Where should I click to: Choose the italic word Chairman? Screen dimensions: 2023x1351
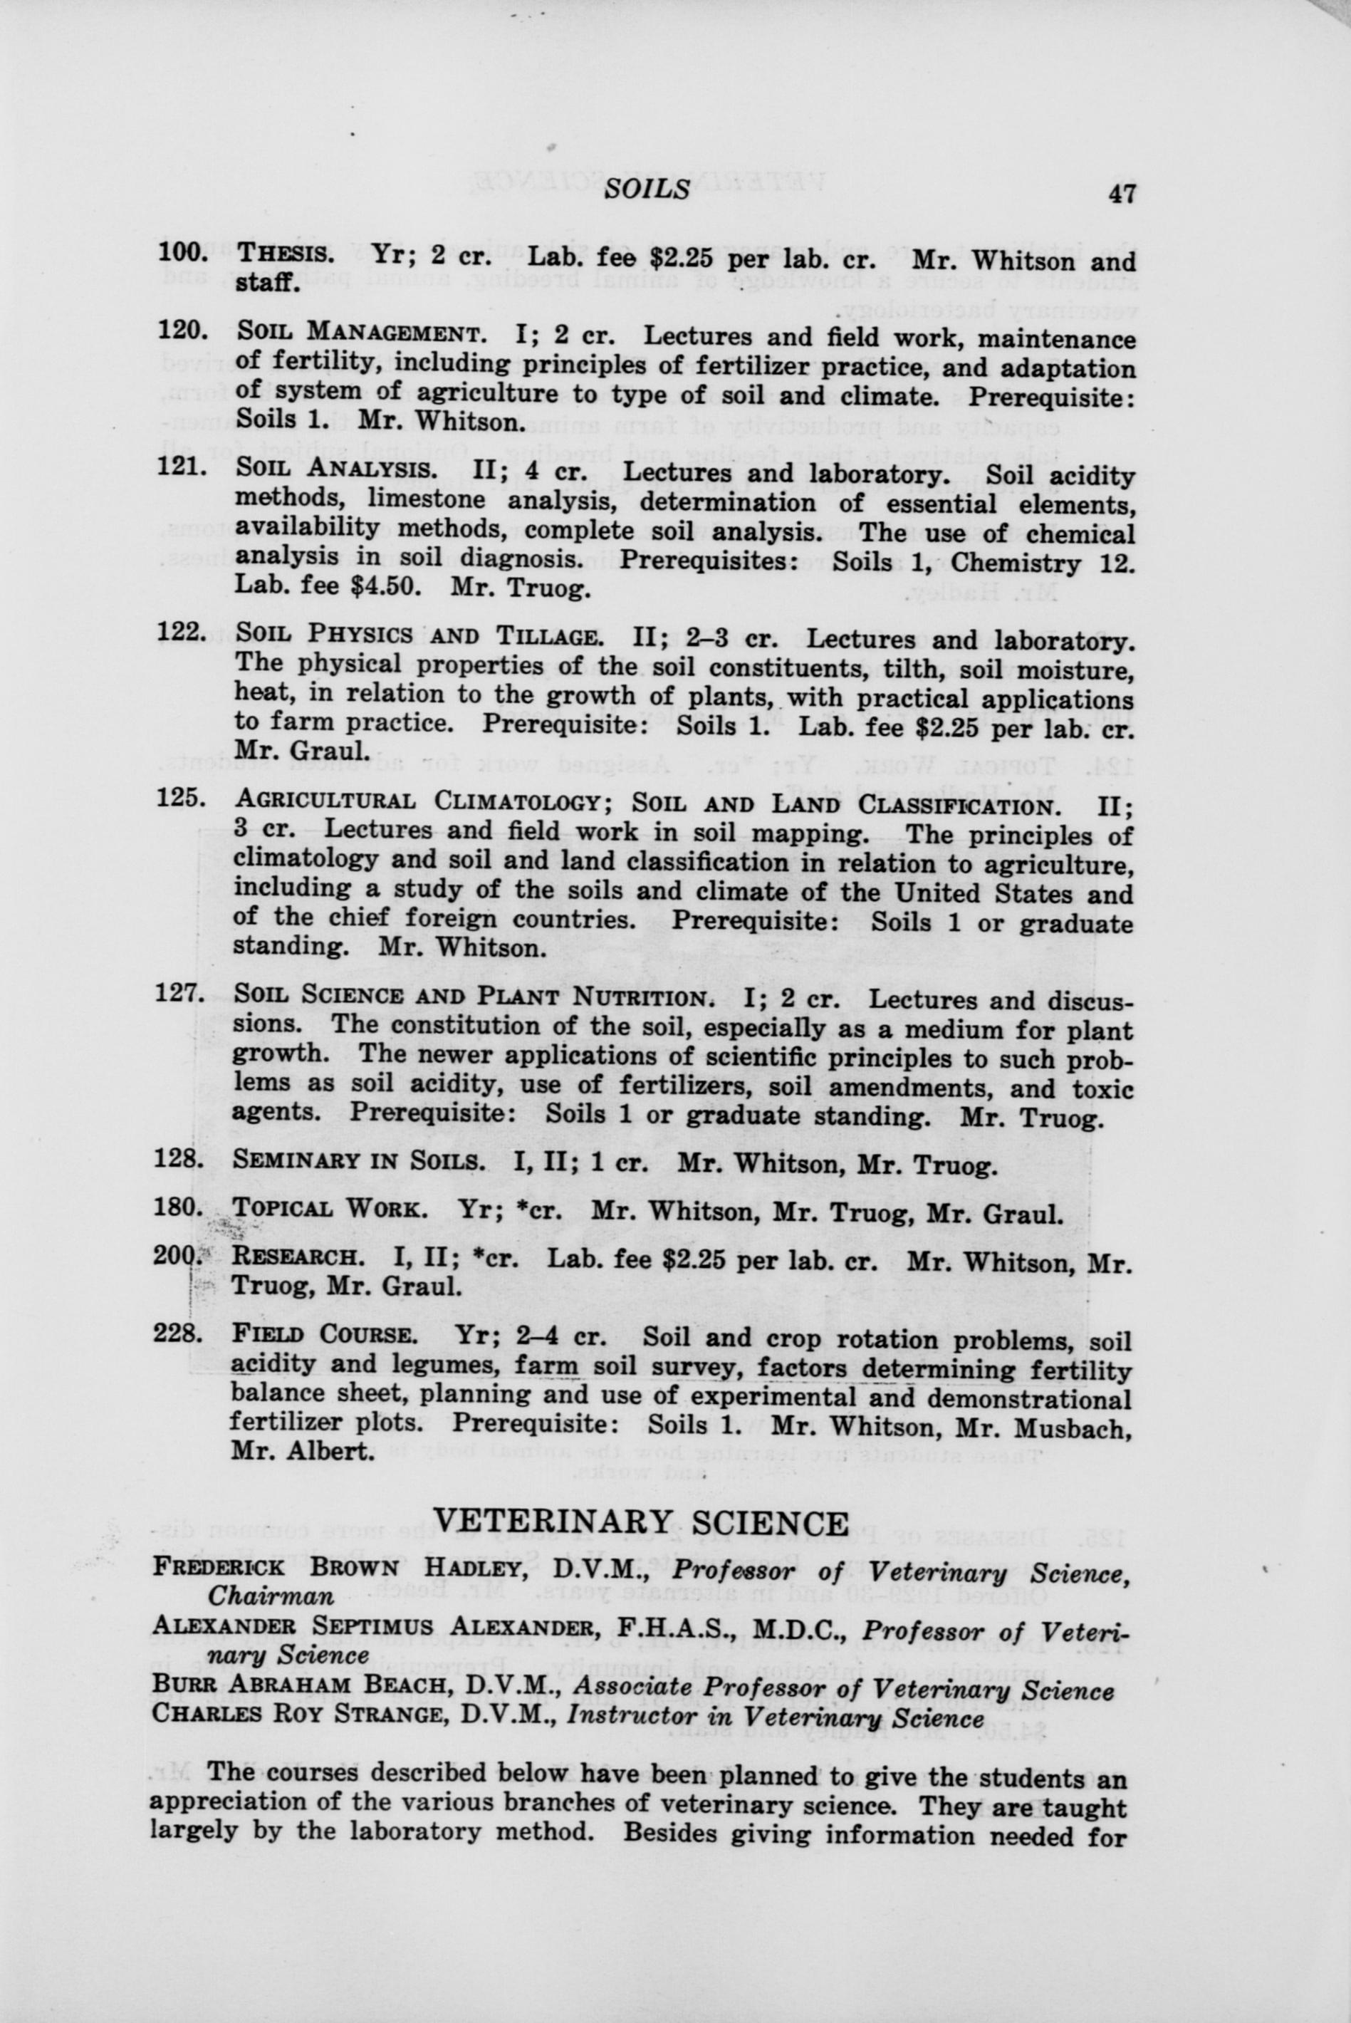click(271, 1596)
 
